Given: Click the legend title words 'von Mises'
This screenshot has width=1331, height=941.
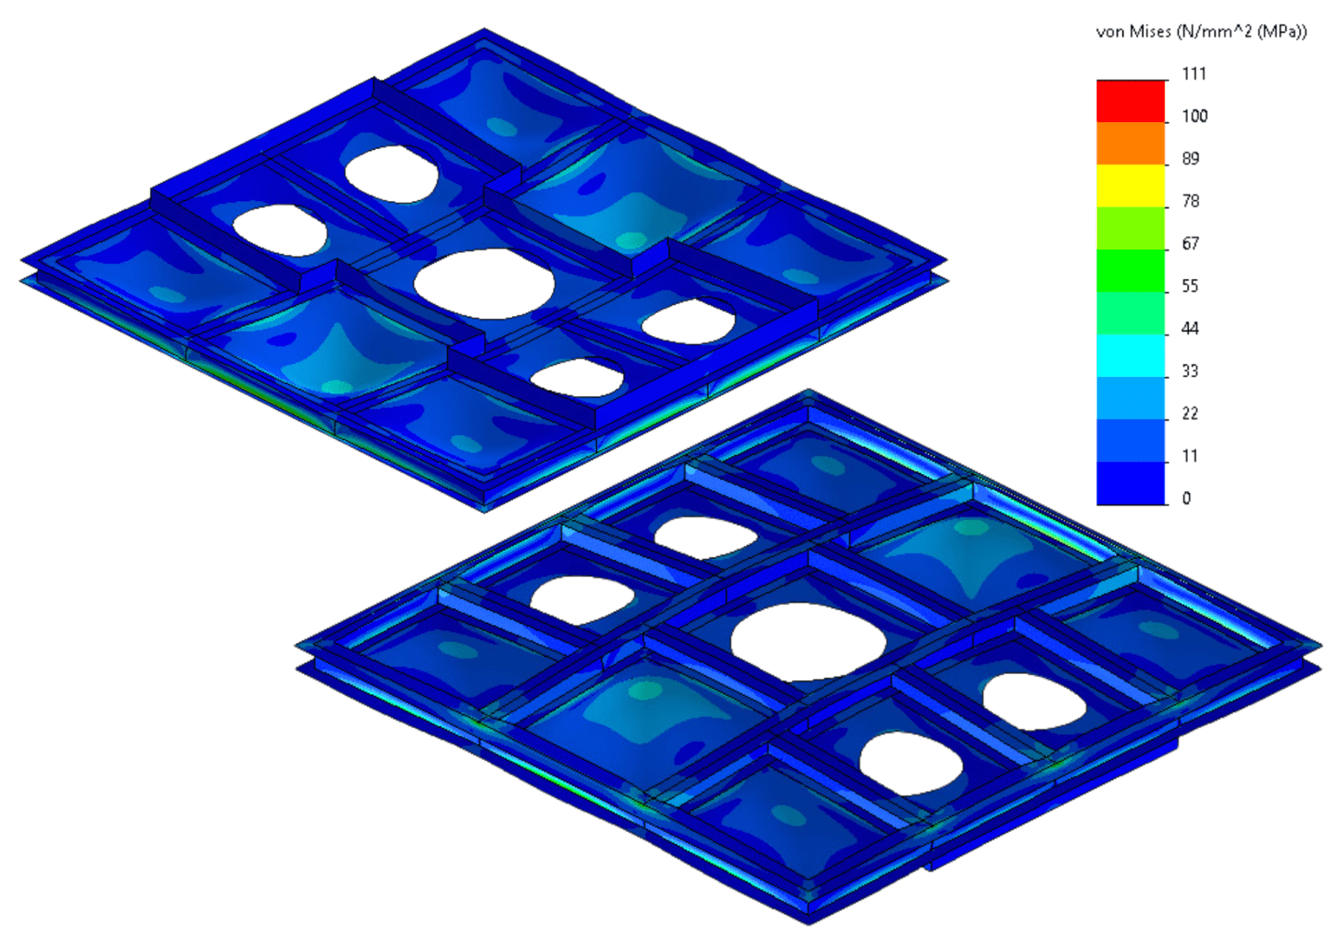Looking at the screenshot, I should (1133, 32).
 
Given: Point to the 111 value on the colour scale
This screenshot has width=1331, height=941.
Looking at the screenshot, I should (1194, 74).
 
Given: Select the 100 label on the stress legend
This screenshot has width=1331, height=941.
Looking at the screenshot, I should (1194, 116).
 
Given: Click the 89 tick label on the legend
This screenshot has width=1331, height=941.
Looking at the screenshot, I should (1191, 159).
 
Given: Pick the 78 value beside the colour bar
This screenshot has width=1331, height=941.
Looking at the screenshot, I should (1191, 201).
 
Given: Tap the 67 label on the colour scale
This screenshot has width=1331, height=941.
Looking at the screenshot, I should (1191, 243).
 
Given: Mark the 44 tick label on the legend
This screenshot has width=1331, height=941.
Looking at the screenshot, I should (1191, 328).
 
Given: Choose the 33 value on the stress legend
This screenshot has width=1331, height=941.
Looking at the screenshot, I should (1191, 371).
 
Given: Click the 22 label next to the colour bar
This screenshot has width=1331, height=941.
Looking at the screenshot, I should (1191, 413).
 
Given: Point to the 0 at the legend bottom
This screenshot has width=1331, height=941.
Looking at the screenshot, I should (1186, 498).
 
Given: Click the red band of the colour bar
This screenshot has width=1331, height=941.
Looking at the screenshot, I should (1131, 101).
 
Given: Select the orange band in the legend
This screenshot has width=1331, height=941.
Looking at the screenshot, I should (1131, 143).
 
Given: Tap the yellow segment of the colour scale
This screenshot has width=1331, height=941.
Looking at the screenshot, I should (1131, 185).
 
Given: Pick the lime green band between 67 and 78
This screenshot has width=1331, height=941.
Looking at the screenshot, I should (1131, 228).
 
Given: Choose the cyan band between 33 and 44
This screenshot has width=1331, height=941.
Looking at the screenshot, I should (1131, 355).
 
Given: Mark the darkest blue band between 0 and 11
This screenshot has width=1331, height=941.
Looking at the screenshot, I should (1131, 483).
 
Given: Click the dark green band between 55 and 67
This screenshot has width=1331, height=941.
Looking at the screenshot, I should (1131, 270).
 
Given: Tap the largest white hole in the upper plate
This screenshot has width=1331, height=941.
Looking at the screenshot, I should (484, 283).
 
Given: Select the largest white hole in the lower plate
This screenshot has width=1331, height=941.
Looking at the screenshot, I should (808, 641).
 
